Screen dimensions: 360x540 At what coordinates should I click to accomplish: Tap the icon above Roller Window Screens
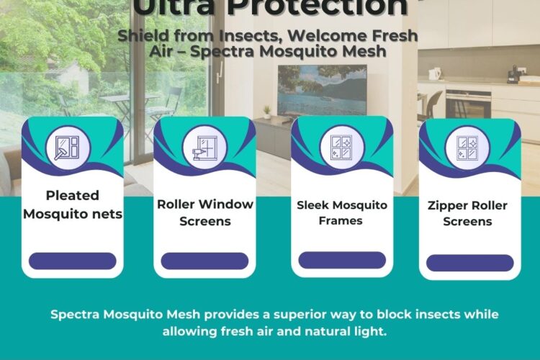(204, 148)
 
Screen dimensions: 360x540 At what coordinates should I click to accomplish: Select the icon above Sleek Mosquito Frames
(342, 148)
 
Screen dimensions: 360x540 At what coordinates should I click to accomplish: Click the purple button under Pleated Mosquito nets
(72, 261)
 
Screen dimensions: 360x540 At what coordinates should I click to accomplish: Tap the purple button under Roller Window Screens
(204, 261)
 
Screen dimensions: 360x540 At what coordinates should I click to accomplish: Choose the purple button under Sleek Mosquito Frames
(342, 260)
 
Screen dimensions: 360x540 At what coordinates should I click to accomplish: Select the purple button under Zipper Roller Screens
(469, 263)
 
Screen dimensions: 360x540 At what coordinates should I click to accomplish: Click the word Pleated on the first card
(73, 196)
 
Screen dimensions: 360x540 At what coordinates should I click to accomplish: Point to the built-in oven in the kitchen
(468, 104)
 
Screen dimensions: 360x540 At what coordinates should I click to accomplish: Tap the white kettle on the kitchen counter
(435, 73)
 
